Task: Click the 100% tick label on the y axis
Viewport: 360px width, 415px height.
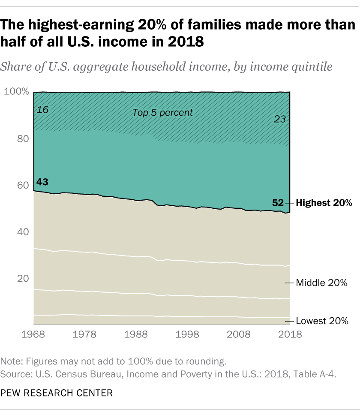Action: (x=16, y=92)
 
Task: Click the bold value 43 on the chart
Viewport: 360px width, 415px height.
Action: (x=42, y=182)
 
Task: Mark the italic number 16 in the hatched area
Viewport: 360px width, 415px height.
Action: (x=42, y=110)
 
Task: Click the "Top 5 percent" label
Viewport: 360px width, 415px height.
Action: (x=162, y=113)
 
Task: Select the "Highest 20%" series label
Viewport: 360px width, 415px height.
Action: (x=324, y=203)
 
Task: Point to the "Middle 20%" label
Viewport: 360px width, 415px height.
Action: (x=321, y=283)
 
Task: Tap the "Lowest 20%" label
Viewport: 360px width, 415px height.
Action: (x=322, y=321)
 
